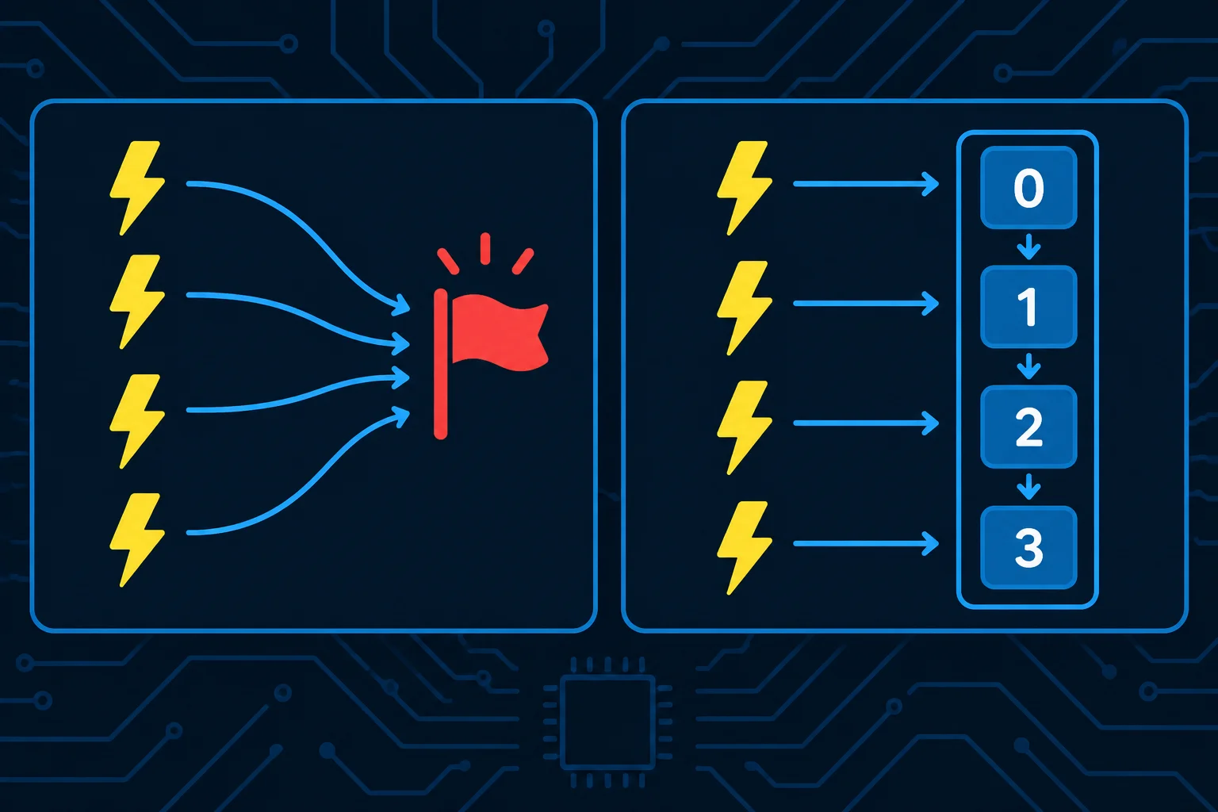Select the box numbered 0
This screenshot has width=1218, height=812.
1028,188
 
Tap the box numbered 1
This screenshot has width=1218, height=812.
1028,307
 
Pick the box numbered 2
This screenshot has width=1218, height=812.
1028,427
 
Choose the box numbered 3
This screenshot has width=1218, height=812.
1028,548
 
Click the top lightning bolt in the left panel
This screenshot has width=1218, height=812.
137,188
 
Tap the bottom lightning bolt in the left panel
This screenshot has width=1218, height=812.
137,540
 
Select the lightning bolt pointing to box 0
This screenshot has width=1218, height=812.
745,188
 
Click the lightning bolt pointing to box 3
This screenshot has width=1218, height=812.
745,548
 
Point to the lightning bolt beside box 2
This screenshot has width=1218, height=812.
745,428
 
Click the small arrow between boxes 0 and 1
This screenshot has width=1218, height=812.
1028,247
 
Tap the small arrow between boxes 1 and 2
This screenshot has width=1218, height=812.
1028,366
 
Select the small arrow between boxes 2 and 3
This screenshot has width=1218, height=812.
1028,487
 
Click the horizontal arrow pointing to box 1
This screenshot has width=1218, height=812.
866,304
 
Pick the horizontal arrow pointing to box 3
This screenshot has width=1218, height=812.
866,543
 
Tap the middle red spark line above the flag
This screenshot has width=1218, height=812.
485,249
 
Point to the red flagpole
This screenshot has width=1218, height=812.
440,364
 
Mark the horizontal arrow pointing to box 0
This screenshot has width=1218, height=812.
866,184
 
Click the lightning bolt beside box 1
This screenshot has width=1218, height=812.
745,308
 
